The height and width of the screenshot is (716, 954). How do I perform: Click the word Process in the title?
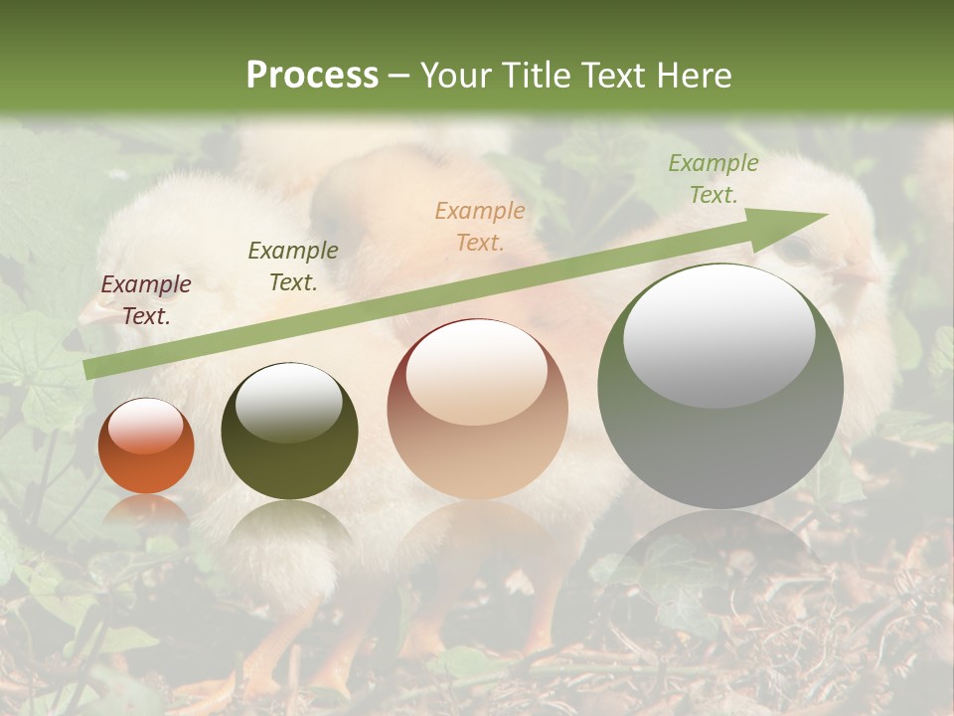pos(312,76)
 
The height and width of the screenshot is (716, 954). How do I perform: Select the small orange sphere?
pos(146,447)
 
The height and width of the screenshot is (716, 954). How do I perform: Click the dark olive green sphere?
pos(289,432)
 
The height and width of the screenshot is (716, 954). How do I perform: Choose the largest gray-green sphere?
pos(720,386)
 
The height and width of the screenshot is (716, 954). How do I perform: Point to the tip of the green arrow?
pos(825,214)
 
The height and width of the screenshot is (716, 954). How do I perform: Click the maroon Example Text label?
pos(146,300)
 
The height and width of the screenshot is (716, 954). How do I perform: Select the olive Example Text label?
pos(293,267)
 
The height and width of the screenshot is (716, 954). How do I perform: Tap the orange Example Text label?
pos(480,226)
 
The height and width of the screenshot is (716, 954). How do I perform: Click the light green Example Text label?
pos(713,179)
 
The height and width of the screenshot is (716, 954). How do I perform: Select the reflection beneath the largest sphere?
pos(720,557)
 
